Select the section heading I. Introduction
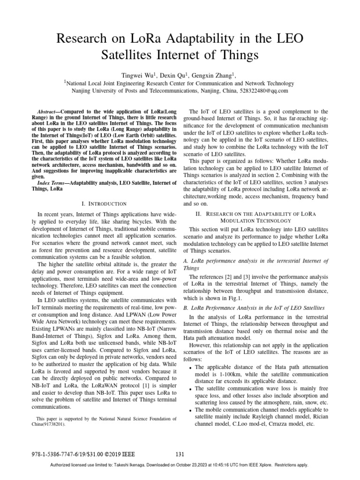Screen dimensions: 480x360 coord(104,204)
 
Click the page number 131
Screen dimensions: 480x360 coord(180,454)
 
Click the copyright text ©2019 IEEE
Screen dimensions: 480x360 coord(120,454)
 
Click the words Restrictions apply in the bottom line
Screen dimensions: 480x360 coord(293,465)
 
